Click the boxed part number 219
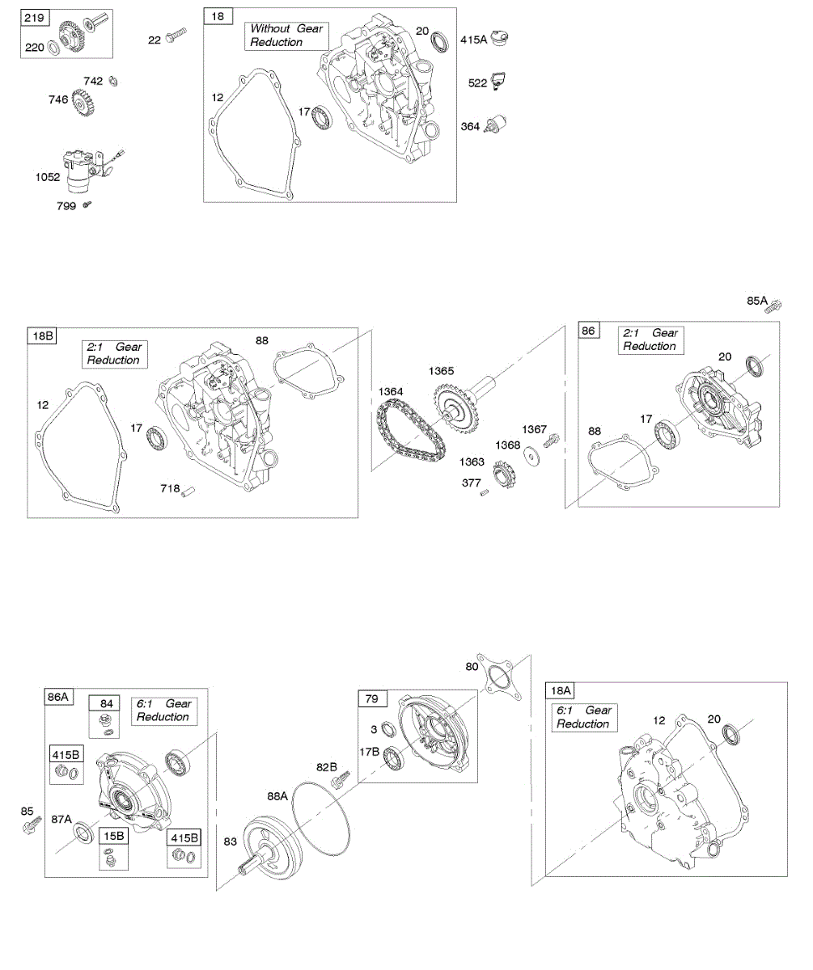coord(32,18)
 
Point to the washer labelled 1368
coord(532,456)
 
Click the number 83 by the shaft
coord(231,842)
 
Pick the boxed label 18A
coord(561,690)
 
